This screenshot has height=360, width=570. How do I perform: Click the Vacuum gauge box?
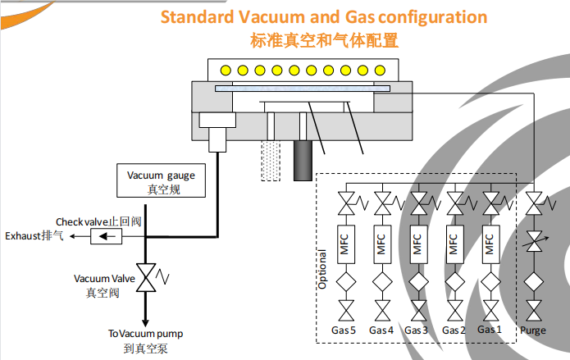[161, 181]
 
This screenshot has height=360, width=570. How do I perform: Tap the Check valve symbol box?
[106, 237]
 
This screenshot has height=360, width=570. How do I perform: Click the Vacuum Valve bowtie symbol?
[147, 278]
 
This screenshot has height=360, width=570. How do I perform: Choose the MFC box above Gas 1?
[490, 244]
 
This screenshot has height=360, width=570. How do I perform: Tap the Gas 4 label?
[382, 330]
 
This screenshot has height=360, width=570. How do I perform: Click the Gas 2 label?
[454, 330]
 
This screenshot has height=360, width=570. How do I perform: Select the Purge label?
[533, 330]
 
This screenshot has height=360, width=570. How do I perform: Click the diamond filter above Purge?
[535, 283]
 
